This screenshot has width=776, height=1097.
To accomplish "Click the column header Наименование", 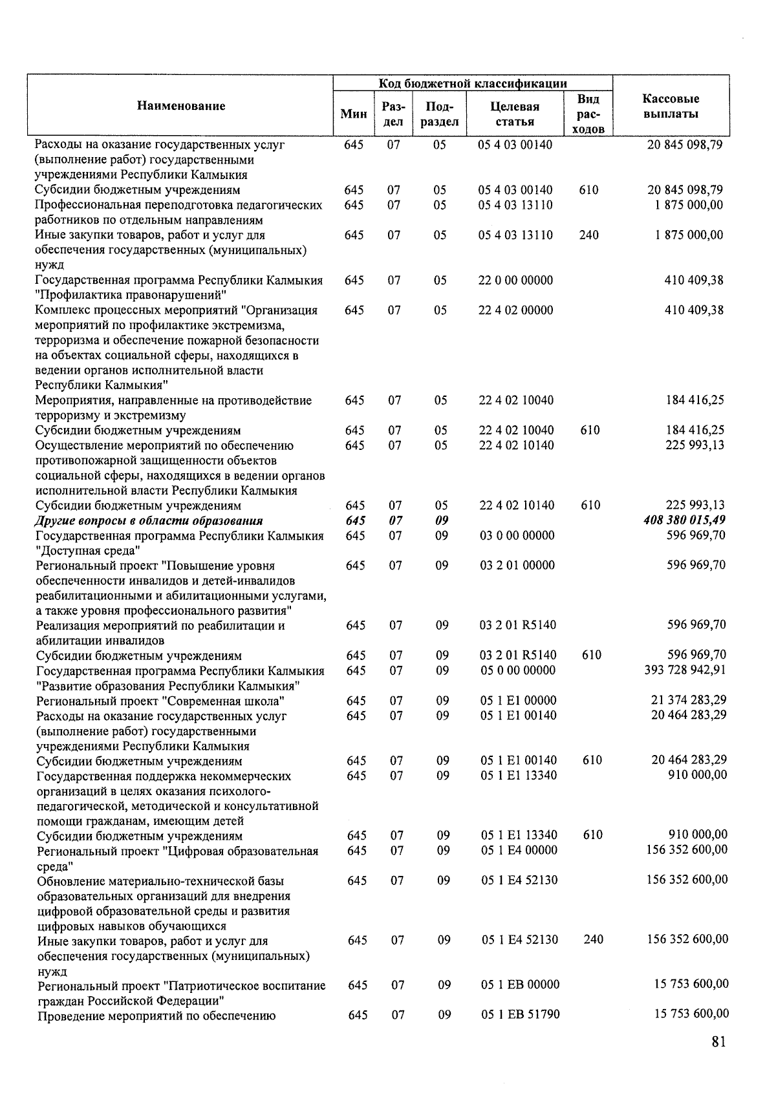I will (x=181, y=106).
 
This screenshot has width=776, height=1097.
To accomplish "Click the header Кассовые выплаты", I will (x=671, y=106).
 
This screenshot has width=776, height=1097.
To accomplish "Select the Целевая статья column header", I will (x=515, y=114).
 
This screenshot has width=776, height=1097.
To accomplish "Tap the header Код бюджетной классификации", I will (x=473, y=83).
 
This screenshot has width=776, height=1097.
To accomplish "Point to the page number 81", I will (x=718, y=1041).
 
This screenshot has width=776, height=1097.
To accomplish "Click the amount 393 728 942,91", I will (x=685, y=670).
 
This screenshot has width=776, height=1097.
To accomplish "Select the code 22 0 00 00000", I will (x=515, y=281).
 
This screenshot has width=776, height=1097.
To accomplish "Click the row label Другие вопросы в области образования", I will (x=149, y=521).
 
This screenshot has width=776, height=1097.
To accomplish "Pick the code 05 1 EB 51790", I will (x=520, y=1015).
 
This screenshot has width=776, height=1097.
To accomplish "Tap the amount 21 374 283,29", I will (x=689, y=701).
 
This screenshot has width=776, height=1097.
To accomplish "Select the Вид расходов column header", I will (x=588, y=114).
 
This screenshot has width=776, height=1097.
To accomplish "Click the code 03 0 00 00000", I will (x=517, y=536).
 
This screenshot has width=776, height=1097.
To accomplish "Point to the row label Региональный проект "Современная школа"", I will (x=161, y=701).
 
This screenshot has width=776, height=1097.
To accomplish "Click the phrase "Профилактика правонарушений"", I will (x=130, y=296).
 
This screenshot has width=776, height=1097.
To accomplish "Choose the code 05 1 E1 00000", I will (x=518, y=701).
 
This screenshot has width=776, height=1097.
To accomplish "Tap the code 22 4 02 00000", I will (x=515, y=310).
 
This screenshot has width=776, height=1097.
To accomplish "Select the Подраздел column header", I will (x=439, y=114).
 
